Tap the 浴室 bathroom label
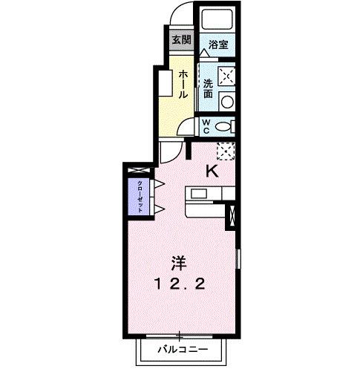point(217,44)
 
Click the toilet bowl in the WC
point(225,126)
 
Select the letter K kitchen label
point(212,172)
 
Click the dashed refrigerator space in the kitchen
point(226,150)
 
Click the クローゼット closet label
point(139,196)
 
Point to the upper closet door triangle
point(158,183)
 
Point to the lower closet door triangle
point(158,208)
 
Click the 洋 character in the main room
point(179,262)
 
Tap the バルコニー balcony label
point(180,348)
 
